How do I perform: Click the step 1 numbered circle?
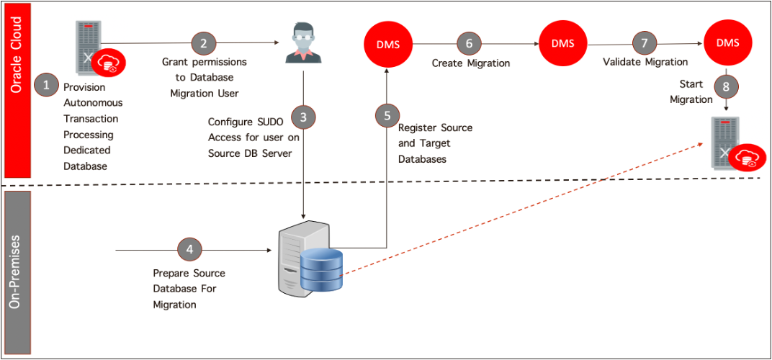coord(47,84)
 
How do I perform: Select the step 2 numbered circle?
coord(204,43)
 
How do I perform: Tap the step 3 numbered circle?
coord(303,115)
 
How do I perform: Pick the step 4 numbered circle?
coord(190,250)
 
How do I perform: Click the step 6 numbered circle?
coord(470,43)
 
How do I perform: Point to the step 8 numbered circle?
coord(726,87)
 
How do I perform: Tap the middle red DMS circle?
coord(563,43)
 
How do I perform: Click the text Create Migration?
coord(471,63)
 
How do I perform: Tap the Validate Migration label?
coord(645,63)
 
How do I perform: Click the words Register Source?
coord(435,127)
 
